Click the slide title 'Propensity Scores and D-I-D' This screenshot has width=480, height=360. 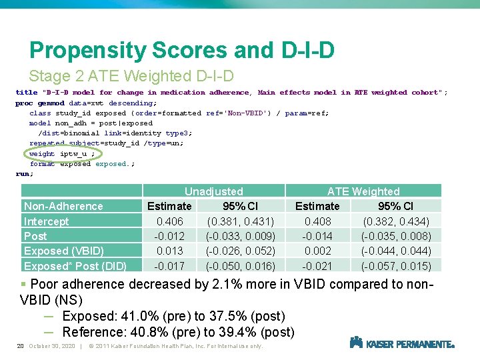point(181,51)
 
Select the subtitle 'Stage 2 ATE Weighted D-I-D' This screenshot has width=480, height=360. point(131,76)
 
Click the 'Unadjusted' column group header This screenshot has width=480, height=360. point(213,191)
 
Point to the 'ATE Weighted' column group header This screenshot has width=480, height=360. point(363,191)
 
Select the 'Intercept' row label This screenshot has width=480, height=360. point(47,221)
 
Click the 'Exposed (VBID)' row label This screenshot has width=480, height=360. point(64,251)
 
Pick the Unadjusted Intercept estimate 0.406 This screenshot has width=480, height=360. point(169,221)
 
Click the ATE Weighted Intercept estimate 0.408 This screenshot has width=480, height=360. point(317,221)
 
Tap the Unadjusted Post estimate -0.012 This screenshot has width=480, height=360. point(169,236)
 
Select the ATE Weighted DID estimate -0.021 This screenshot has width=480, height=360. point(317,265)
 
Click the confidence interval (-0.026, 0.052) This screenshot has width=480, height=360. point(240,251)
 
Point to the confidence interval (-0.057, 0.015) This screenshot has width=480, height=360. point(395,265)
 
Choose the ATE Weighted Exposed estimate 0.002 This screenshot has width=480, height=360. point(317,251)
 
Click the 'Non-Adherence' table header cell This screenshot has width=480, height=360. point(63,206)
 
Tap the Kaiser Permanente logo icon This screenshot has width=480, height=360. point(356,343)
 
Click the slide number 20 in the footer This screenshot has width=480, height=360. point(20,346)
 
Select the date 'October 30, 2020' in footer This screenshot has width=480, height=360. point(52,346)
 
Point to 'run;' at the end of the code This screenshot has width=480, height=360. point(24,174)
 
